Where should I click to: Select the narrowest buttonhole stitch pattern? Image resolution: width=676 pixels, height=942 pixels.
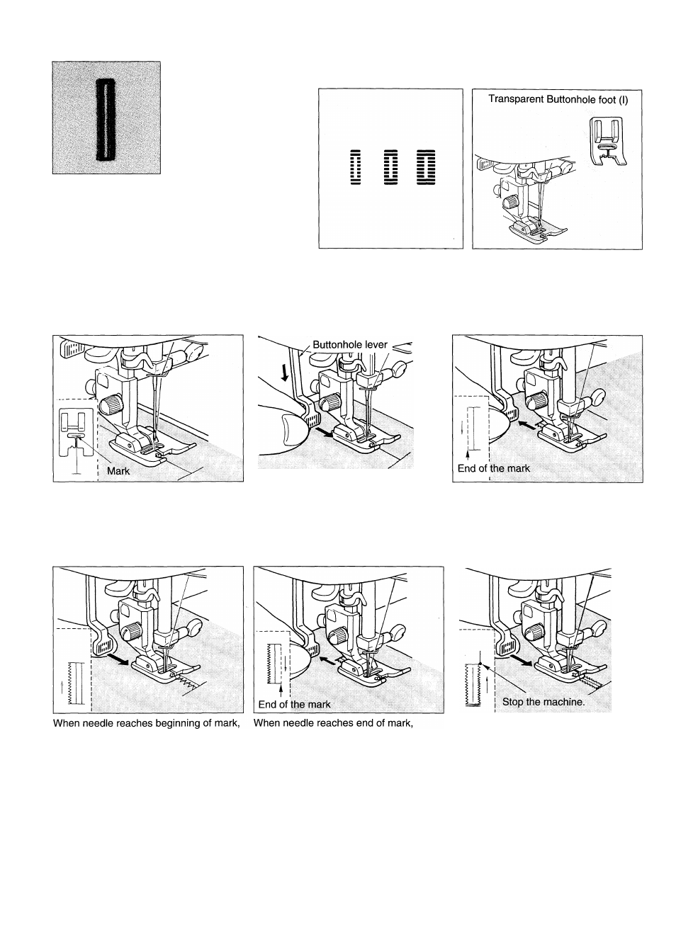(356, 167)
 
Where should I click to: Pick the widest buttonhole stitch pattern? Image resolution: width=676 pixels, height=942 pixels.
(426, 167)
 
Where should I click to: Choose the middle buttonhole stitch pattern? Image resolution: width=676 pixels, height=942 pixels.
(391, 167)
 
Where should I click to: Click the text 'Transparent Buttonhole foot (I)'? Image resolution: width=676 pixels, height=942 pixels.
(558, 100)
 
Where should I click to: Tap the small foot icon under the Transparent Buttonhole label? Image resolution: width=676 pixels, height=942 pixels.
(607, 140)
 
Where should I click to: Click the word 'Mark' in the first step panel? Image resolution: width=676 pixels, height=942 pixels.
(118, 471)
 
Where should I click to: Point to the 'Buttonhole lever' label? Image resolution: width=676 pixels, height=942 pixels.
(350, 345)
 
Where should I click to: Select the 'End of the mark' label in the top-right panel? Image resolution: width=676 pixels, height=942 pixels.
(493, 468)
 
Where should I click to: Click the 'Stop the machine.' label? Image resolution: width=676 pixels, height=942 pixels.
(543, 702)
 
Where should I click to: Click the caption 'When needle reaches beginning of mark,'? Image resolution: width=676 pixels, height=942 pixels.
(147, 723)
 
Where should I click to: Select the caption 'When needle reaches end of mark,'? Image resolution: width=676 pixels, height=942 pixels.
(334, 723)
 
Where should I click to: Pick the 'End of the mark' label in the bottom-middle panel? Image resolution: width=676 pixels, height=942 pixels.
(295, 705)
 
